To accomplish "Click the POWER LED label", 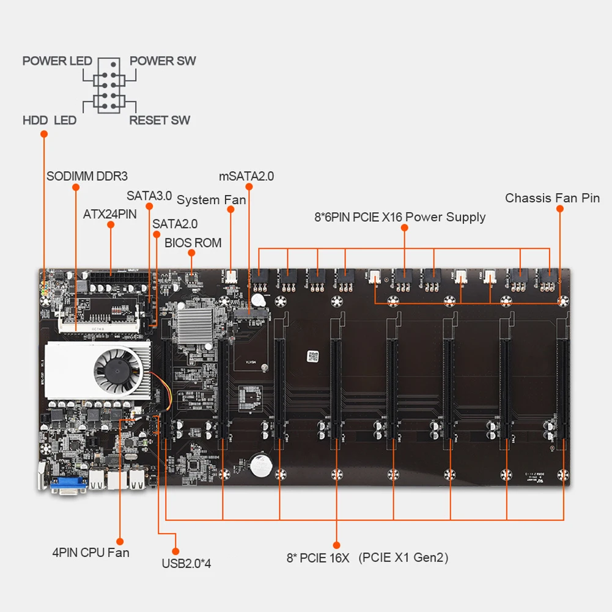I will pos(57,61).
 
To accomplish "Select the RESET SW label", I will pos(160,120).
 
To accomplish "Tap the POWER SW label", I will pos(163,61).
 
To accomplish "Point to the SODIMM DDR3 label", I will pos(87,177).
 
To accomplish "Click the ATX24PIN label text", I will pos(110,215).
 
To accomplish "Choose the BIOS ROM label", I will pos(193,242).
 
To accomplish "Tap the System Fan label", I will pos(211,200).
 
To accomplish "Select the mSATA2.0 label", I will pos(246,177).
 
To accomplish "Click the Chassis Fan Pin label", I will pos(552,198).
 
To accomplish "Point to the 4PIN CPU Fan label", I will pos(90,553).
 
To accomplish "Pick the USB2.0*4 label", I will pos(186,563).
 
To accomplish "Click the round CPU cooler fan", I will pos(117,370).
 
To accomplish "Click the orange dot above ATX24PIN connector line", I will pos(111,225).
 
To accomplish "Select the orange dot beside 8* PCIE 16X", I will pos(336,544).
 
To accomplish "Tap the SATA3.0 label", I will pos(149,196).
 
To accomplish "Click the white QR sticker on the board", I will pos(313,356).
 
